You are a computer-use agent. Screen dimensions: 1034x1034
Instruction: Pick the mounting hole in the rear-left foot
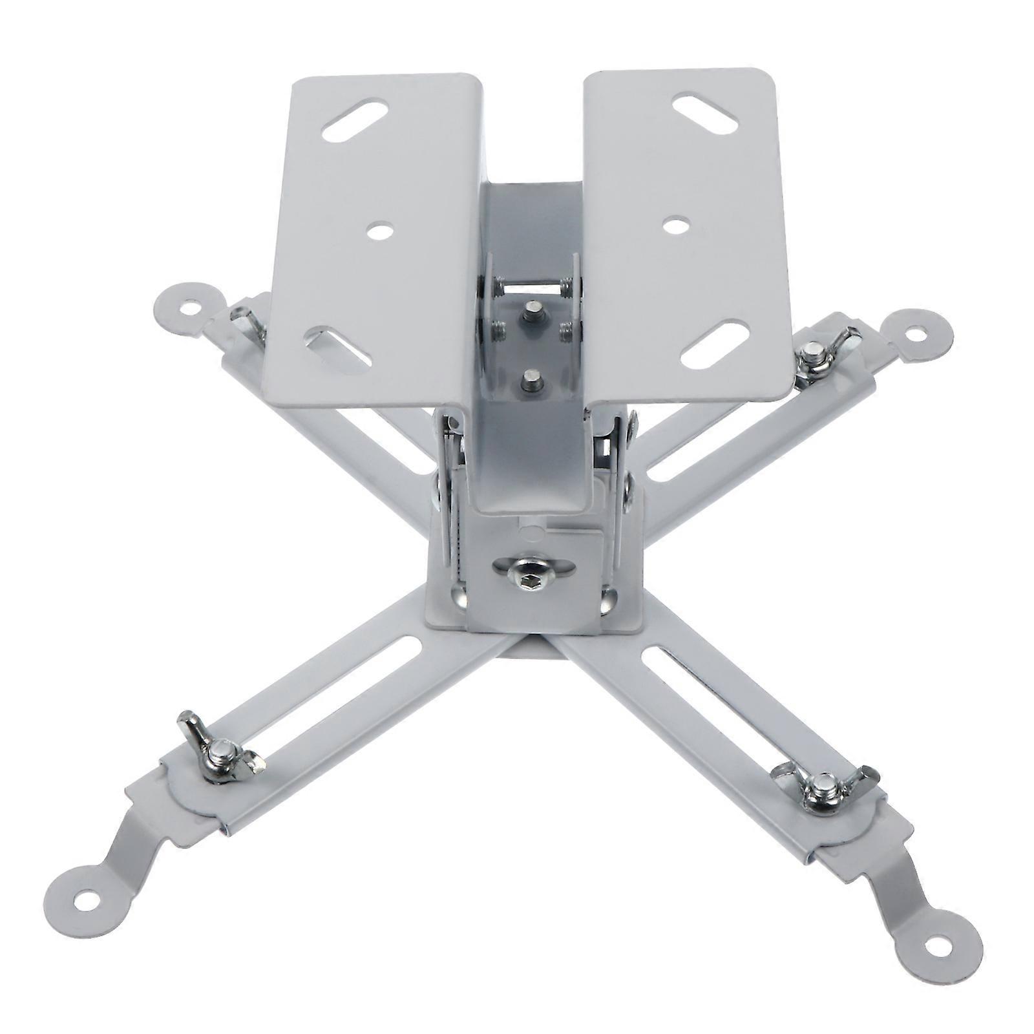188,308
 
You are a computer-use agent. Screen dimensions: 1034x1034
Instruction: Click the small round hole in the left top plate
381,231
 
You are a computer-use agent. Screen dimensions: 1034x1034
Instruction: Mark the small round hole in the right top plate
676,226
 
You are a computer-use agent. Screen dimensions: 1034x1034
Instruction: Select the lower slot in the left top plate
339,349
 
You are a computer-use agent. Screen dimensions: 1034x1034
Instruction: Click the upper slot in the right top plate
704,114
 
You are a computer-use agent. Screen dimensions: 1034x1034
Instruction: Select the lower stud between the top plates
532,381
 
